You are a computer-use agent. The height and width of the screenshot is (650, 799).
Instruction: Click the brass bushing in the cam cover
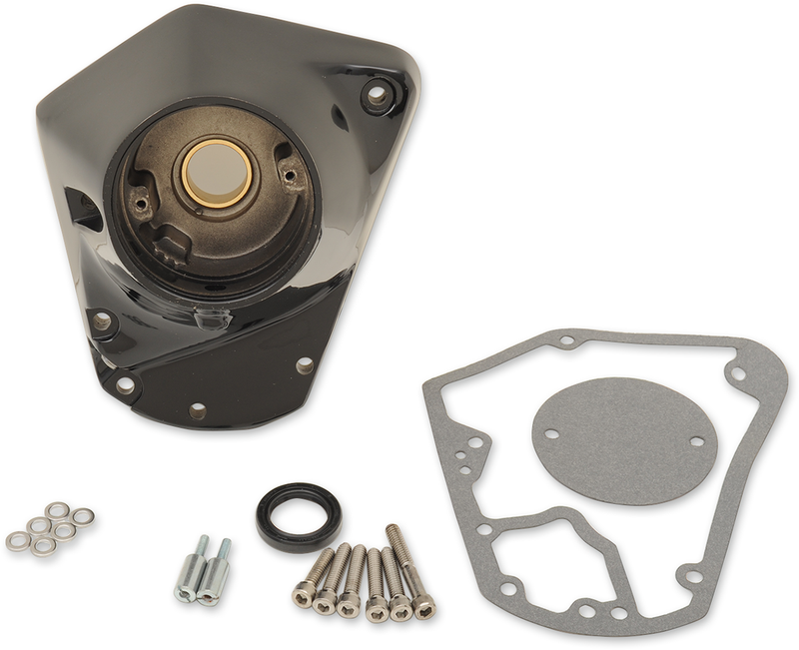(x=216, y=174)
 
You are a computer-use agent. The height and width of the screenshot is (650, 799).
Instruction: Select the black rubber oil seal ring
(x=298, y=515)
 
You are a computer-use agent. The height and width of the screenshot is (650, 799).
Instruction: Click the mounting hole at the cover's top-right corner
(x=377, y=96)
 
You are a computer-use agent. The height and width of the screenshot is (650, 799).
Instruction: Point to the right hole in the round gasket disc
(x=696, y=441)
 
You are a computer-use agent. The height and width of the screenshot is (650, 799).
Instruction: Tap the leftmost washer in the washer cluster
(x=17, y=541)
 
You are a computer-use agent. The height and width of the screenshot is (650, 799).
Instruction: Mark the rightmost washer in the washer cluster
(x=84, y=516)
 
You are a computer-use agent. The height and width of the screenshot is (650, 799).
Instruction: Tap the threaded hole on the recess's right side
(x=291, y=175)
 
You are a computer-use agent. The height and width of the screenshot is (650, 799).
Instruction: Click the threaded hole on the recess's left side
(x=142, y=207)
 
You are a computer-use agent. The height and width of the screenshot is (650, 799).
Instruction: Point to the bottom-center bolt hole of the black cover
(x=197, y=409)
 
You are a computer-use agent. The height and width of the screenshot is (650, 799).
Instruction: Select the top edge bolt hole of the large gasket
(x=566, y=340)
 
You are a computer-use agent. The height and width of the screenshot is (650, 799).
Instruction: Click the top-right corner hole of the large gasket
(x=738, y=374)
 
